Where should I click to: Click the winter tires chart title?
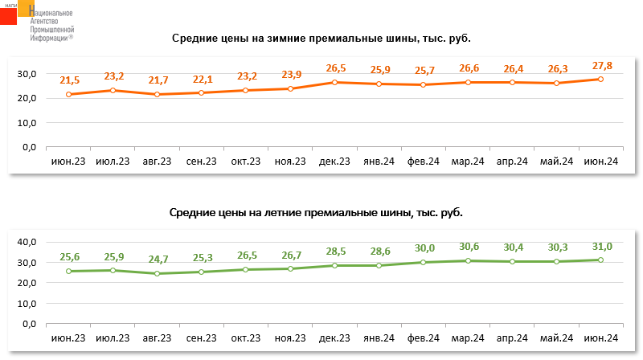321,39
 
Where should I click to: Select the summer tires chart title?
316,213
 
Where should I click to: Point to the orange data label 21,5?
70,80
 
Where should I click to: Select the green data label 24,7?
158,260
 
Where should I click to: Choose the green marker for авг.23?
158,273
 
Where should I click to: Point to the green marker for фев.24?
423,262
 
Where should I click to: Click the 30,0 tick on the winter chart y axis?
28,73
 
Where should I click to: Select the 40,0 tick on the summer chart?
28,242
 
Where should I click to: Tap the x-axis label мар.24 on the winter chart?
467,162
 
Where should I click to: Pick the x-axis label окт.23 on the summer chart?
246,339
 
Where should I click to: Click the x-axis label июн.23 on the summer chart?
69,339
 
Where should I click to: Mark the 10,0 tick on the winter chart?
28,123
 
